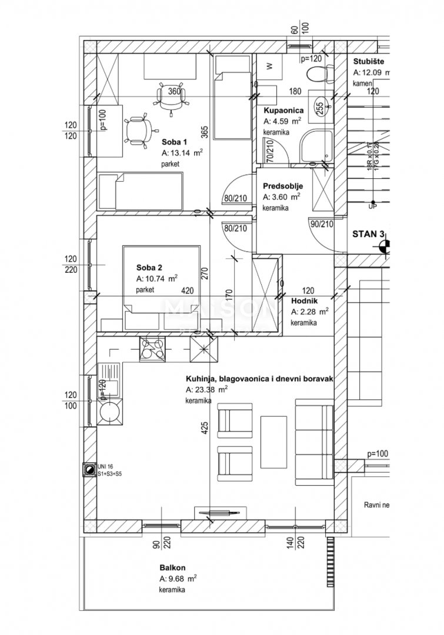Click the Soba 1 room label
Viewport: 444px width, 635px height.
[x=174, y=142]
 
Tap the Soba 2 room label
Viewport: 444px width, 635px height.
[x=149, y=267]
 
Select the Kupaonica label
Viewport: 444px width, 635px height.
[x=283, y=111]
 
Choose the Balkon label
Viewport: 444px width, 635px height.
[x=172, y=568]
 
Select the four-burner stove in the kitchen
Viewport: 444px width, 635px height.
[x=152, y=350]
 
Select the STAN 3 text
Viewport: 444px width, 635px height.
[x=368, y=234]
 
